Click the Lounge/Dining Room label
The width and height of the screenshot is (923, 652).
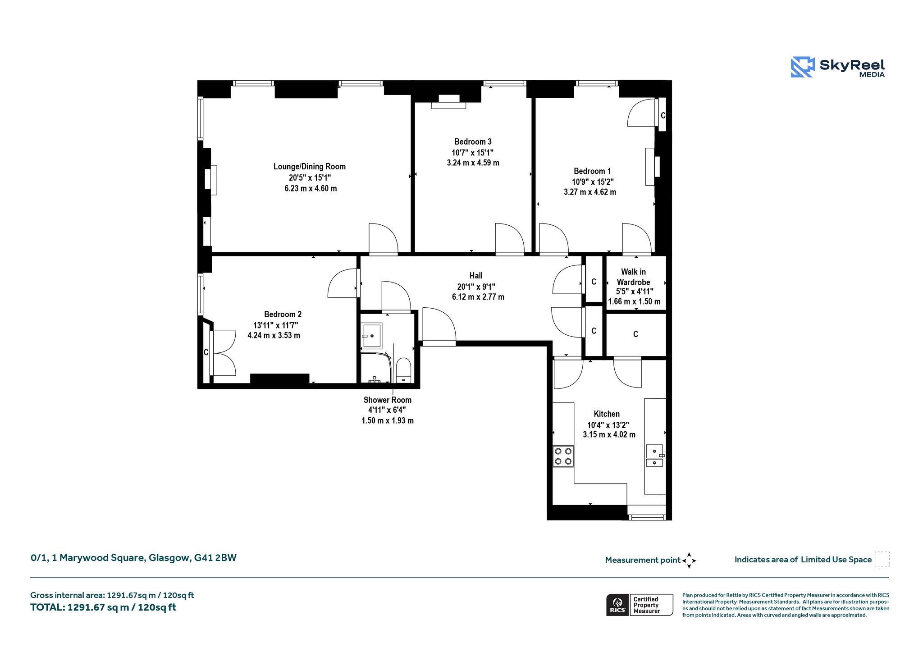point(310,167)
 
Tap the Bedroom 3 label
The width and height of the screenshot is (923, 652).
point(473,142)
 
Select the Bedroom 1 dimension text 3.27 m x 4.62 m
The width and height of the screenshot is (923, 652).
point(590,192)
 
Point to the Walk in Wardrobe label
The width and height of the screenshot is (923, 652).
point(633,277)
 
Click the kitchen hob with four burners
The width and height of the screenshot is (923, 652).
point(563,456)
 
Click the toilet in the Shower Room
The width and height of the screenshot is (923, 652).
point(403,370)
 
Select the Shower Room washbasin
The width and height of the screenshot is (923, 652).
point(372,336)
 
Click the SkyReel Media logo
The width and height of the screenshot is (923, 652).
point(838,67)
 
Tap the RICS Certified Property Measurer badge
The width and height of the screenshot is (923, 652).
point(640,605)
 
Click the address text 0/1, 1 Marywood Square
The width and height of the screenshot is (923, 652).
point(88,558)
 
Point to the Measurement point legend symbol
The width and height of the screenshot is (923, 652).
point(689,561)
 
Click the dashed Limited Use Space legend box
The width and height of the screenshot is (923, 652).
point(882,559)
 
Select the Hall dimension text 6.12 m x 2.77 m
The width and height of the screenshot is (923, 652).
point(478,297)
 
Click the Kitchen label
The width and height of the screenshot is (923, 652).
point(607,414)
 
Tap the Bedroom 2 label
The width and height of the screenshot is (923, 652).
point(283,315)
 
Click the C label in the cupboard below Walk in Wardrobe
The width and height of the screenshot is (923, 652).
point(635,334)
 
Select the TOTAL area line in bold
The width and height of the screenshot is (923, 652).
point(103,607)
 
